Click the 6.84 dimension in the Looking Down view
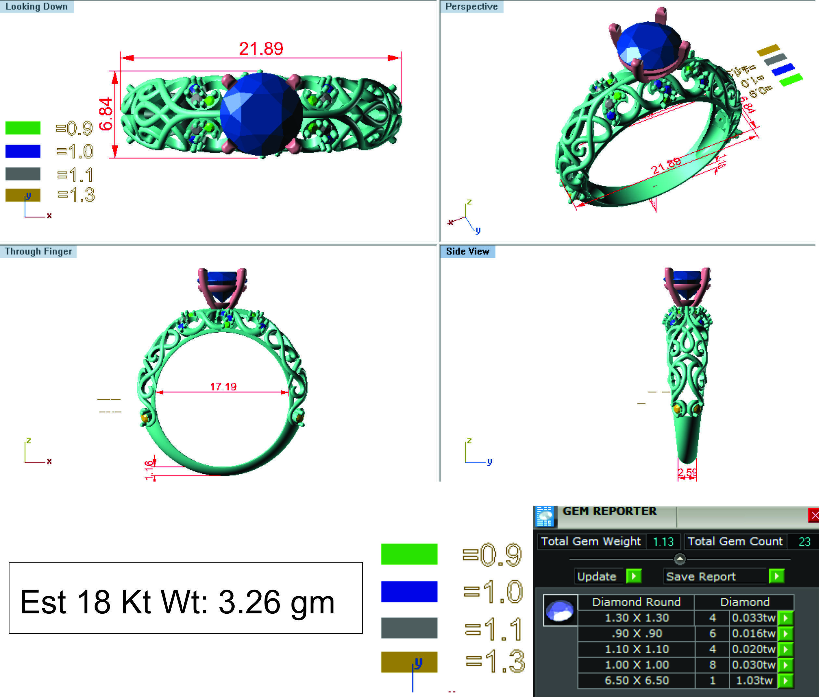(x=106, y=114)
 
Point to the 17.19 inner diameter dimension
(x=223, y=387)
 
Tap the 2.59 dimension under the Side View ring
(x=687, y=472)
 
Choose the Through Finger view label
(x=38, y=251)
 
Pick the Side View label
(x=467, y=251)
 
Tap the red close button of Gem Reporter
(x=813, y=515)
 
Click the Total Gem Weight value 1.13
(x=663, y=542)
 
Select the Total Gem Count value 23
(x=804, y=542)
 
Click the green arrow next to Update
(x=633, y=576)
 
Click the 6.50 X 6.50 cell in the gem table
(x=637, y=680)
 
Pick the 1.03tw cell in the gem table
(x=754, y=680)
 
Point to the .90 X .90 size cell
(x=637, y=633)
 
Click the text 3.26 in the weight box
(x=249, y=602)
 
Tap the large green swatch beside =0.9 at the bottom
(x=409, y=554)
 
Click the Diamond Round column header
(x=636, y=602)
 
